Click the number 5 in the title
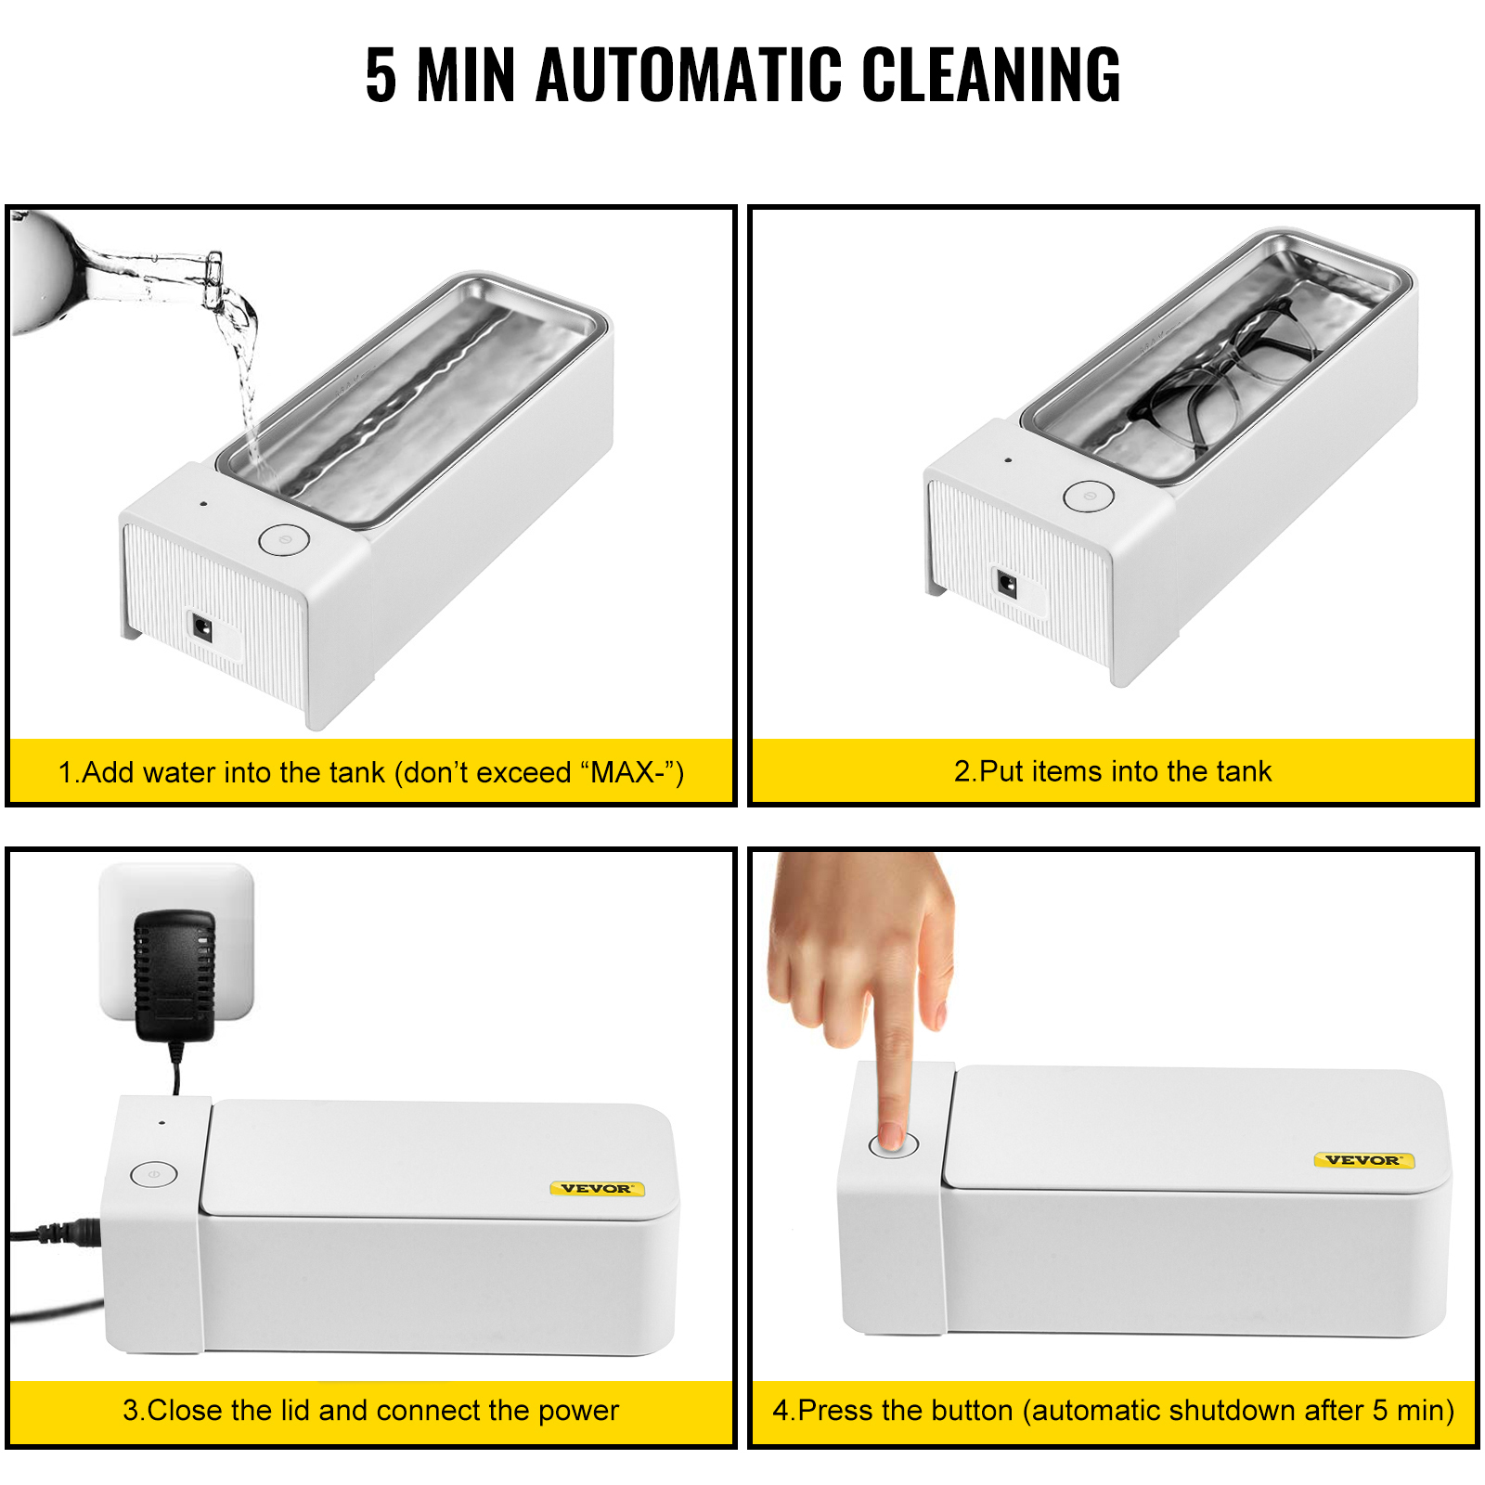pos(381,75)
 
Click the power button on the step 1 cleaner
pos(283,539)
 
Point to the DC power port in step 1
pos(201,629)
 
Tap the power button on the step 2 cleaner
pos(1089,496)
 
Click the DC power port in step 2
pos(1007,585)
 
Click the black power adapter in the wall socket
pos(174,975)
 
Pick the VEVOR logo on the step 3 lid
pos(597,1188)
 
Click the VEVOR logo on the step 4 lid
pos(1362,1160)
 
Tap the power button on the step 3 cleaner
pos(153,1174)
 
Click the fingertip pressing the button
pos(892,1137)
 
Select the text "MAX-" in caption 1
pos(631,772)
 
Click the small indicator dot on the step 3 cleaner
pos(162,1122)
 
